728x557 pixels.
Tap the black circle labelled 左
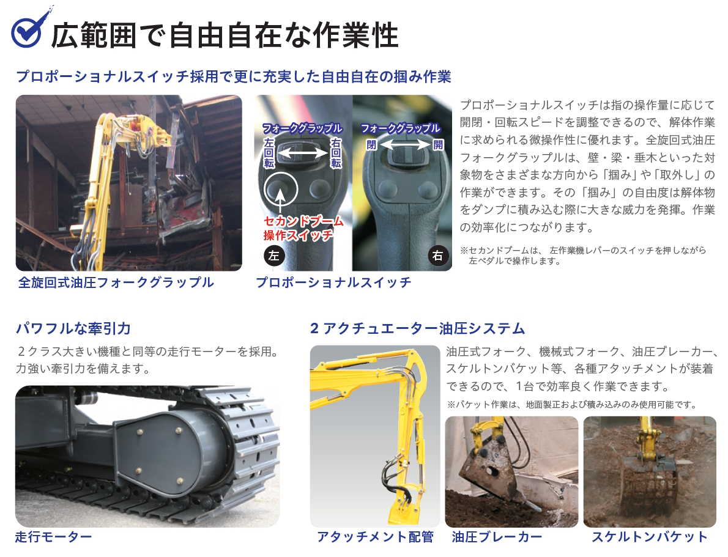[274, 256]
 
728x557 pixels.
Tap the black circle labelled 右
[438, 256]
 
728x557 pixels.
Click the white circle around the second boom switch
[280, 190]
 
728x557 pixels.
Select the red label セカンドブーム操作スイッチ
[303, 228]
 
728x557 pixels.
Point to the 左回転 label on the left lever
[269, 153]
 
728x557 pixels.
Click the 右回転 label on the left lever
[336, 153]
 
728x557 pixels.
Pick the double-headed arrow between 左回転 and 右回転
[303, 153]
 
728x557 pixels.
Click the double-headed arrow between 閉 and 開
[405, 145]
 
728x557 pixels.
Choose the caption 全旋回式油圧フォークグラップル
[116, 282]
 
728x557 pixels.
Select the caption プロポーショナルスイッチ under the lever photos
[333, 282]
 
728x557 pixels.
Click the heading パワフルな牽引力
[73, 328]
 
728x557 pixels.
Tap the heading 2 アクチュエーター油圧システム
[417, 328]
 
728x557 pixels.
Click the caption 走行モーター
[53, 537]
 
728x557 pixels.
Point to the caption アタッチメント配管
[375, 537]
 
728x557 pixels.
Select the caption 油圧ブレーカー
[497, 537]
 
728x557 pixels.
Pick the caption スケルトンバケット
[650, 537]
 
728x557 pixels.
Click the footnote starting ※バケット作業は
[572, 405]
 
